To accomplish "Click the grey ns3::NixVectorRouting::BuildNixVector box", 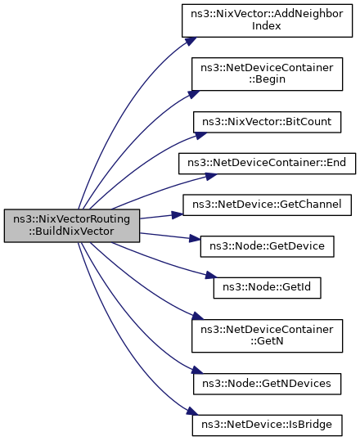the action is click(72, 226).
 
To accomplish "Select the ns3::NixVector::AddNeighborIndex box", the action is click(267, 20).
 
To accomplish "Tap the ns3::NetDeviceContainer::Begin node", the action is click(267, 74).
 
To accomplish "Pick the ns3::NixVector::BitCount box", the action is click(267, 122).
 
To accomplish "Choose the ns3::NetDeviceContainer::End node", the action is click(267, 164).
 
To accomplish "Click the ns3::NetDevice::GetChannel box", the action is click(267, 205).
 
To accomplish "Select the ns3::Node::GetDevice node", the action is click(267, 246).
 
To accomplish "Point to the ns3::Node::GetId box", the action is click(267, 288).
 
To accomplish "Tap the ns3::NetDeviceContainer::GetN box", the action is click(267, 335).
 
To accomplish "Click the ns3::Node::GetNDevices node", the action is click(267, 384).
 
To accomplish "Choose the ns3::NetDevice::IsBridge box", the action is click(267, 425).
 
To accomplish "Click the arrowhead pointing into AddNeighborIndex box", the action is click(191, 41).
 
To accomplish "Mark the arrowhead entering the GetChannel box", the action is click(178, 215).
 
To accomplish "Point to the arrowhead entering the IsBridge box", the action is click(192, 411).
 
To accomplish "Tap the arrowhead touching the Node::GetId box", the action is click(211, 276).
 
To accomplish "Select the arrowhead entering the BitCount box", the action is click(200, 135).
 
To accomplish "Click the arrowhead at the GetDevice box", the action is click(195, 239).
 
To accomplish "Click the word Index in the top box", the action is click(267, 26).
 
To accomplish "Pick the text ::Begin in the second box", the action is click(267, 79).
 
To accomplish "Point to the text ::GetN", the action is click(267, 341).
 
